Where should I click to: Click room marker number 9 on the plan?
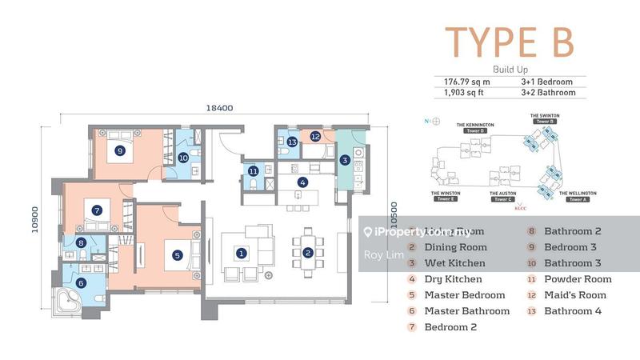(119, 150)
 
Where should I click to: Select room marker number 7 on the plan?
(97, 211)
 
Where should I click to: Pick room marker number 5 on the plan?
(178, 256)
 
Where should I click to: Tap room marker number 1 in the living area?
(241, 254)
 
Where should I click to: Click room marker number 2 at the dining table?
(307, 254)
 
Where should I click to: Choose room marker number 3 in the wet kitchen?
(345, 160)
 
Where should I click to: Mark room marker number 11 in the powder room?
(253, 170)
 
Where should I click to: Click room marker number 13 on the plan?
(293, 142)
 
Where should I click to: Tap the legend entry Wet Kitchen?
(456, 263)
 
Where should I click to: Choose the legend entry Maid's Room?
(576, 295)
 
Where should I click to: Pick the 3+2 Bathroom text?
(551, 93)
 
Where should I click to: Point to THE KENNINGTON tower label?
(475, 126)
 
